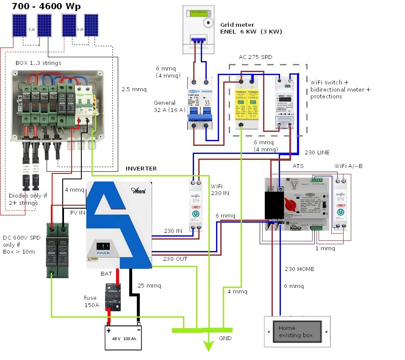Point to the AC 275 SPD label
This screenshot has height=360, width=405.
(x=255, y=57)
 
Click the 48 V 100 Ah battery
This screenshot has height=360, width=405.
(x=123, y=337)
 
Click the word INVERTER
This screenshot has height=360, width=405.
(x=141, y=168)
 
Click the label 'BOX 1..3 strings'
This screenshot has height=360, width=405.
(x=38, y=63)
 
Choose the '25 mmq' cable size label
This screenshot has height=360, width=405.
(x=149, y=285)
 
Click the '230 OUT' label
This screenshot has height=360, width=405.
(x=175, y=259)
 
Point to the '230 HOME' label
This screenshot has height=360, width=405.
(x=299, y=269)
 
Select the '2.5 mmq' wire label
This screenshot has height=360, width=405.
(x=134, y=89)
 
